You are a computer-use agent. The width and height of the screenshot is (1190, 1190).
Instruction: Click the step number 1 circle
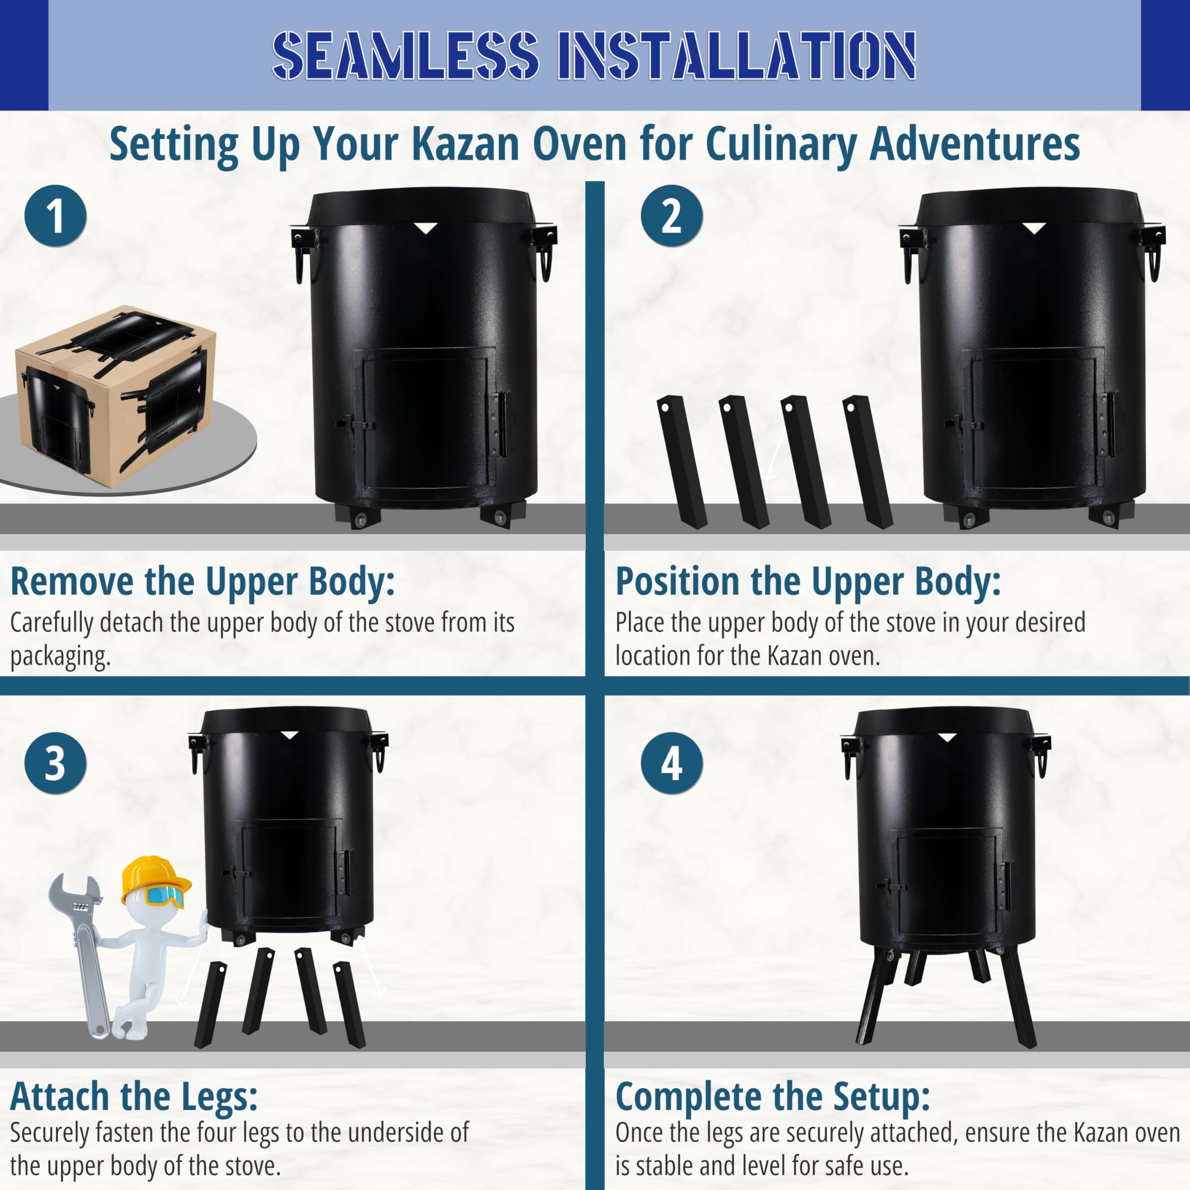tap(55, 216)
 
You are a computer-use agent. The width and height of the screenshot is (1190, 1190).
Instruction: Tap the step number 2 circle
tap(672, 216)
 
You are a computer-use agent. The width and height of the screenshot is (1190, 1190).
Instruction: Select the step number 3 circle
tap(55, 763)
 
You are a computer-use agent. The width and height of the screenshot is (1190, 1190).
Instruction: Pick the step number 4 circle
tap(672, 763)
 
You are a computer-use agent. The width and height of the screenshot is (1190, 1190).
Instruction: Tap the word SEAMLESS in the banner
tap(405, 55)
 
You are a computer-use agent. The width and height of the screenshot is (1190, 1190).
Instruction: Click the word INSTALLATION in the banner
tap(737, 55)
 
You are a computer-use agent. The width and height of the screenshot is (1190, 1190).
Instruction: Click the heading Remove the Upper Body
tap(203, 582)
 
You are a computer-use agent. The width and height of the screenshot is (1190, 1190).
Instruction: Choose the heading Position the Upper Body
tap(808, 582)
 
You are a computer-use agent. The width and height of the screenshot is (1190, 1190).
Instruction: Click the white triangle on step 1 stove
tap(425, 229)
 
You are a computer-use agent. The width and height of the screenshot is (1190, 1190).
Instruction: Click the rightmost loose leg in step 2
tap(868, 462)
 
